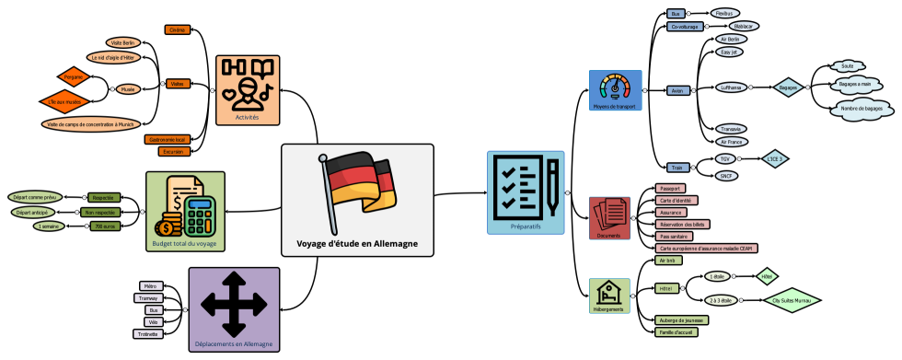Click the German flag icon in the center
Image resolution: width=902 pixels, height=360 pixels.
coord(358,189)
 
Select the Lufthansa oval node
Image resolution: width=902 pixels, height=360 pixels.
coord(731,88)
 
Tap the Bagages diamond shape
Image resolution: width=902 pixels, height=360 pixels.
coord(788,88)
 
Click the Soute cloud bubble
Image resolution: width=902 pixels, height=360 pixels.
coord(848,65)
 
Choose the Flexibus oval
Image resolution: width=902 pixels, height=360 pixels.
coord(725,14)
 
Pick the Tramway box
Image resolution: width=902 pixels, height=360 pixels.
coord(149,298)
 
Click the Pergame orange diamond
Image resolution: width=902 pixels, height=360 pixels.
coord(73,76)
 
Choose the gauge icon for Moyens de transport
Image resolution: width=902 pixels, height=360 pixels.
coord(616,87)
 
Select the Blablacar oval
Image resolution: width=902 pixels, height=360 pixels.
coord(728,27)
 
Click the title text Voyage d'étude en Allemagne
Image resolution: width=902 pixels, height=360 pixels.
coord(357,243)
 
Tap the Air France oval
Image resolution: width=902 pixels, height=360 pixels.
coord(730,141)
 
